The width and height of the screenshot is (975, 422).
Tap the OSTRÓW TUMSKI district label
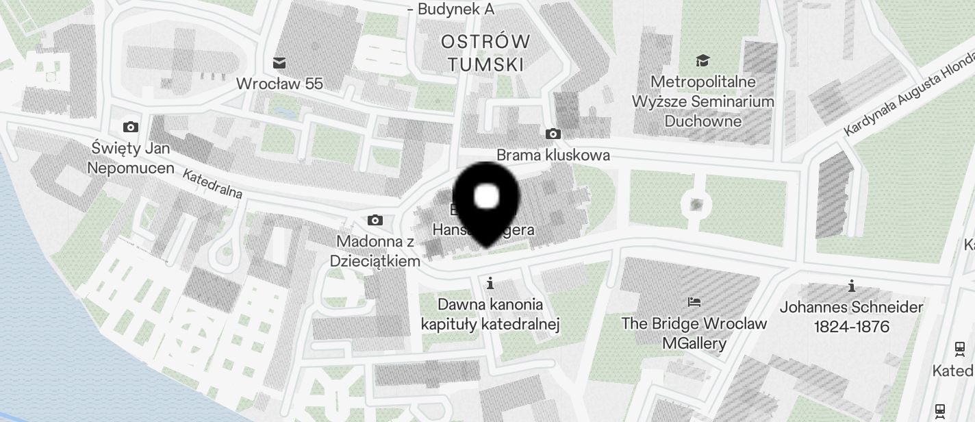tap(485, 53)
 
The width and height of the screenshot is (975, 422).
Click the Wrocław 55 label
tap(279, 84)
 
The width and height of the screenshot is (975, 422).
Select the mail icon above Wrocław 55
tap(279, 63)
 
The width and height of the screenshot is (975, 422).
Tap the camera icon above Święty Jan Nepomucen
tap(130, 127)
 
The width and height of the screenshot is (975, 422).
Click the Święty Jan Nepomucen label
tap(131, 158)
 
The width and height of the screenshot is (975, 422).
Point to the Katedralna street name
tap(212, 184)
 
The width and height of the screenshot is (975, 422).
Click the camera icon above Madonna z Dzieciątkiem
tap(375, 220)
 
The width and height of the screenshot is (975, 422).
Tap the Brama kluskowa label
tap(553, 155)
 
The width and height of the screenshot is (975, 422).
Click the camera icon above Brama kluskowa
tap(553, 134)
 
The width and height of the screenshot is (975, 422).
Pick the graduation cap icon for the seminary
tap(702, 62)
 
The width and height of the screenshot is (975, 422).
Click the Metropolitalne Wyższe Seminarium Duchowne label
tap(703, 101)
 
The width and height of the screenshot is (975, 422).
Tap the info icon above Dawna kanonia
tap(490, 282)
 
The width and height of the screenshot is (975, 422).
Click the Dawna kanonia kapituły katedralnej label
tap(490, 314)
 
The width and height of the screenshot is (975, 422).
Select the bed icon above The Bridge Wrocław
tap(694, 301)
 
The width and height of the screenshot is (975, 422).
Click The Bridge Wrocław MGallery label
tap(694, 333)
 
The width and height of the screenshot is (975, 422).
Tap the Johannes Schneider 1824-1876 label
tap(851, 316)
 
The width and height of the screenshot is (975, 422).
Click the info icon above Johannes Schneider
tap(851, 285)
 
